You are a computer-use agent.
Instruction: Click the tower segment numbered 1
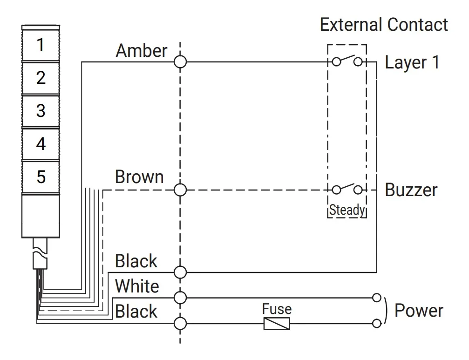pos(41,45)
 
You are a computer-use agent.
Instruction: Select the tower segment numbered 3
pos(41,111)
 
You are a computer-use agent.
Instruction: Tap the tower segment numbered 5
pos(41,177)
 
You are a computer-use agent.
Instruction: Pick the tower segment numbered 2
pos(41,78)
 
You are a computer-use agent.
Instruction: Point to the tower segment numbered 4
pos(41,144)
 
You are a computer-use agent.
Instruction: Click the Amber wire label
pos(142,51)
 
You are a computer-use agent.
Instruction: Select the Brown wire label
pos(139,177)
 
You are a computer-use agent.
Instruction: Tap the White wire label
pos(137,286)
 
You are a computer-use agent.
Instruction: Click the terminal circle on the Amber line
pos(180,62)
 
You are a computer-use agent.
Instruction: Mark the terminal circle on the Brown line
pos(180,190)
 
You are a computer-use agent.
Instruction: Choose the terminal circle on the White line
pos(180,298)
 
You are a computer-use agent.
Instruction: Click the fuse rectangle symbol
pos(277,324)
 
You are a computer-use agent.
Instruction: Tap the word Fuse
pos(277,309)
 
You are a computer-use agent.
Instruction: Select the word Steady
pos(347,210)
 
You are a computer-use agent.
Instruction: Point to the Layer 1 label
pos(412,62)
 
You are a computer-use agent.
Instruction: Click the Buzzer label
pos(411,190)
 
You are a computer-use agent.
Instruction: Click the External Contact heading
pos(384,25)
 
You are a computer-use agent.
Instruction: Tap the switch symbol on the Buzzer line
pos(347,189)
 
